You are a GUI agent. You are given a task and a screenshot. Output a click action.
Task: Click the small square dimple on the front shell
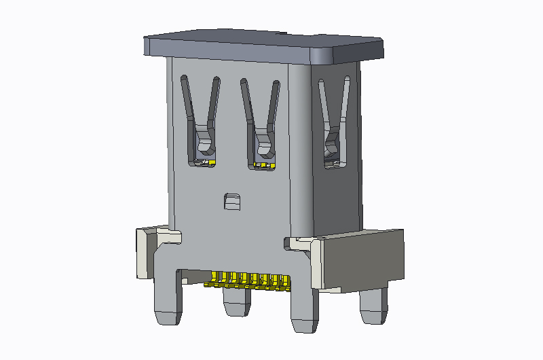click(x=231, y=201)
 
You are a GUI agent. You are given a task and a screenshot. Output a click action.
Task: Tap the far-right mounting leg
click(x=373, y=306)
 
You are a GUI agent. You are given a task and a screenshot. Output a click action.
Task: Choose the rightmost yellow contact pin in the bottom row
click(x=286, y=282)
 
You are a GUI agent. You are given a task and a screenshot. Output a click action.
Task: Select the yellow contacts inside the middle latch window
click(x=264, y=165)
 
